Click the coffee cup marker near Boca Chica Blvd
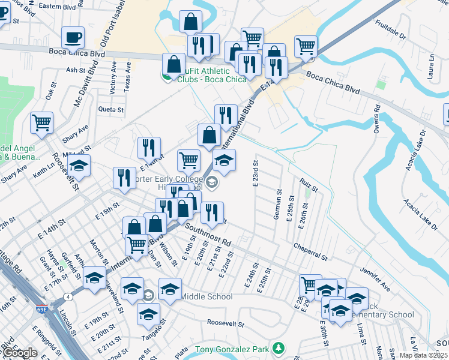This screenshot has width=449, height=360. point(73,38)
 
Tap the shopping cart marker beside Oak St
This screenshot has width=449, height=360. point(42,123)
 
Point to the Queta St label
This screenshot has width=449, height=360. point(111,110)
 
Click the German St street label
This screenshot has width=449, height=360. point(278,205)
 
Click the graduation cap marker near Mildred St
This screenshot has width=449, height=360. point(79,165)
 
